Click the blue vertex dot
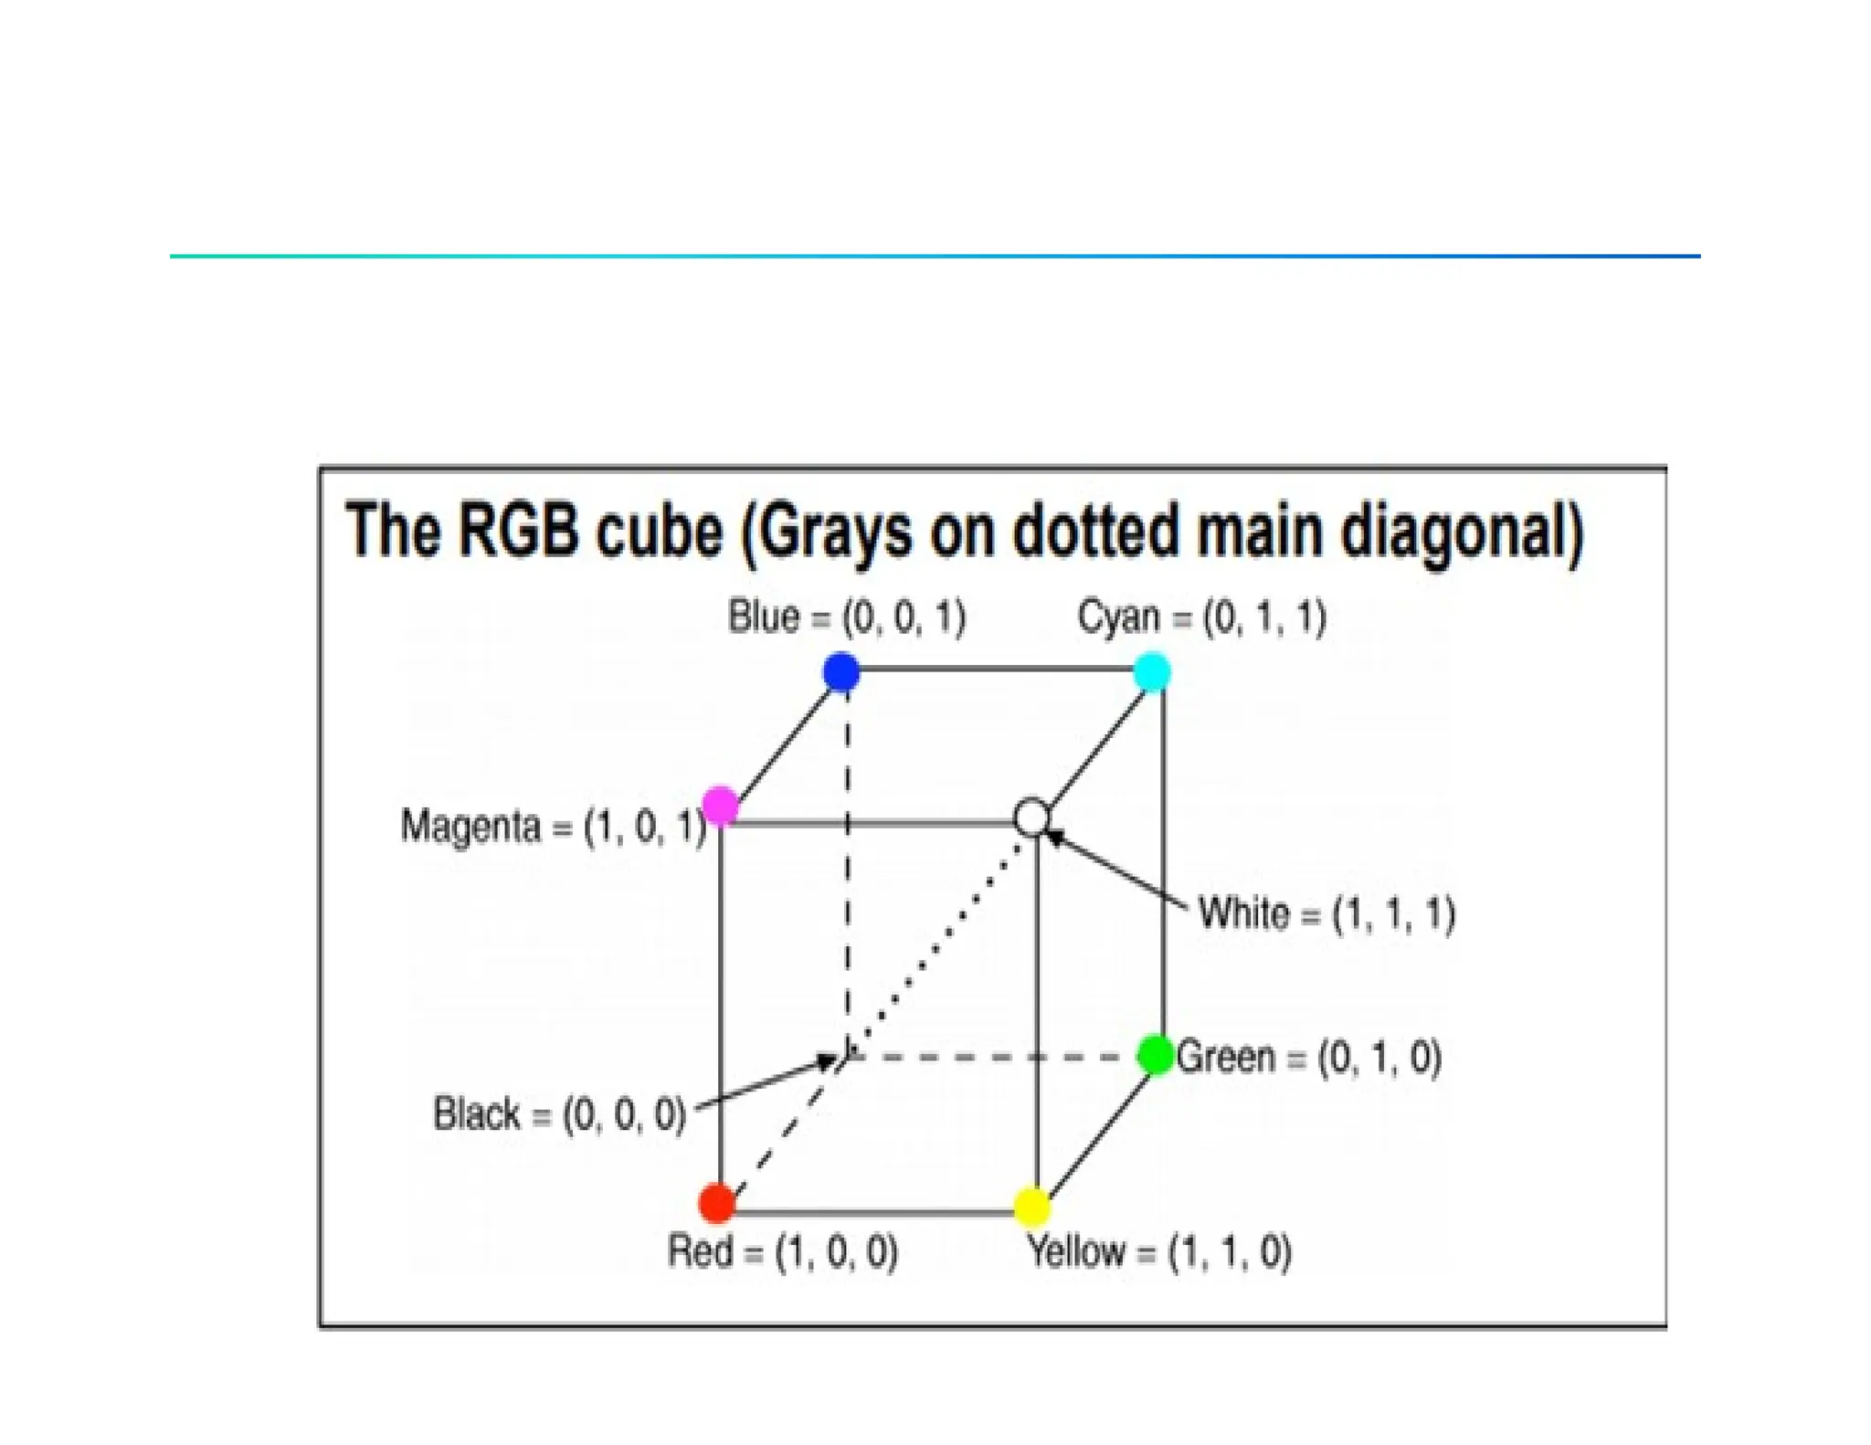(x=841, y=672)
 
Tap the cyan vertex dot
(x=1152, y=672)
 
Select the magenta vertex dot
(x=721, y=806)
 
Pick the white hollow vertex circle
(x=1032, y=817)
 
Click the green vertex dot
(x=1156, y=1056)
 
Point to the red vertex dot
(x=717, y=1203)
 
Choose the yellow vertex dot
(x=1032, y=1206)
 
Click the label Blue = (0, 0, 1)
(x=846, y=617)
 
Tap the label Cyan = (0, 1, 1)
(x=1201, y=617)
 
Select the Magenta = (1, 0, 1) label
(x=553, y=827)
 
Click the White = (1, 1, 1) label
(x=1327, y=913)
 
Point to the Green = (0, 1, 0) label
(x=1308, y=1058)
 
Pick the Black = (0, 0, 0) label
(x=559, y=1114)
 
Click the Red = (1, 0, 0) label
(x=783, y=1251)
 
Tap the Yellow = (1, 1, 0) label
(x=1159, y=1251)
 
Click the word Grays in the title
(x=834, y=532)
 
